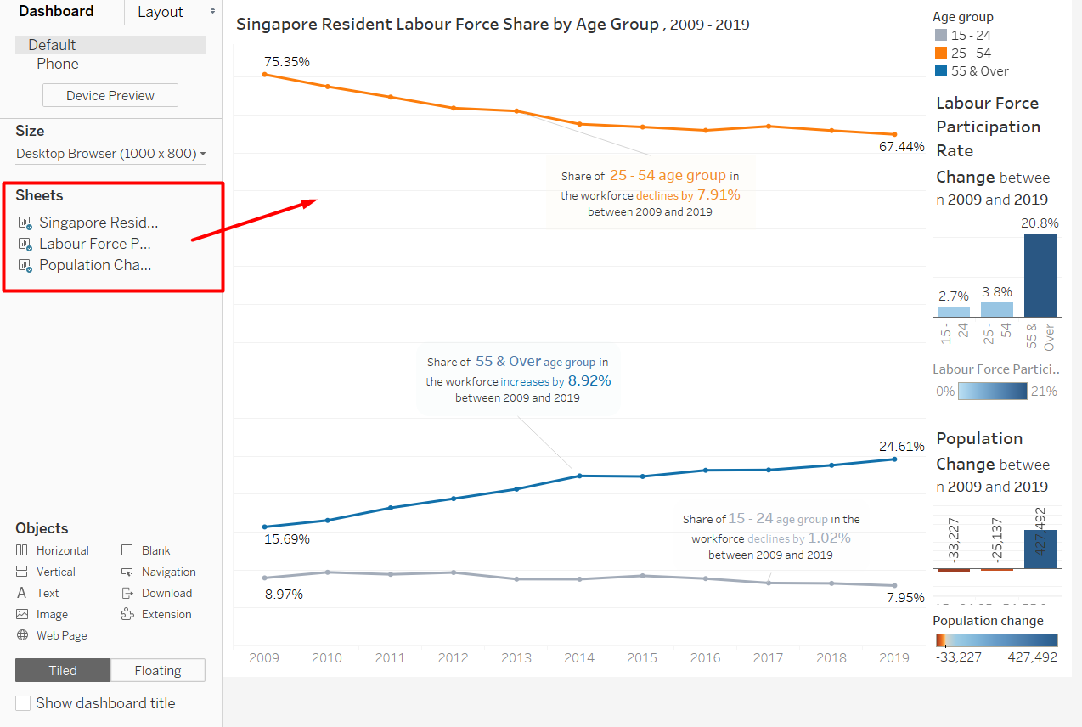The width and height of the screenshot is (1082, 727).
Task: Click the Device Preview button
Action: (110, 95)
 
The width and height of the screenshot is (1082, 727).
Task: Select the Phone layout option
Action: (58, 64)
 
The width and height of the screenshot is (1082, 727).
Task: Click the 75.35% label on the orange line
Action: (286, 61)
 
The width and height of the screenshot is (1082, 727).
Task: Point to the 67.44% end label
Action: (901, 147)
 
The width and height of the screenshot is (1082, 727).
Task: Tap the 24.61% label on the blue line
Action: (901, 446)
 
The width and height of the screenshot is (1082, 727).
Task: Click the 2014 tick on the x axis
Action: (579, 657)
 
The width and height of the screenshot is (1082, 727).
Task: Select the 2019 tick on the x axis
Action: (893, 657)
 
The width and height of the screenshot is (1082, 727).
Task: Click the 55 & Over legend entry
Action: (979, 71)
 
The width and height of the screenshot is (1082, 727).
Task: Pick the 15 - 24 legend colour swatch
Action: (940, 36)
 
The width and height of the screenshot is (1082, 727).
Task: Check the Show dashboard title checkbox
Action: (23, 703)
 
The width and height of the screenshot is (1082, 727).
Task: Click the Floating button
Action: (158, 670)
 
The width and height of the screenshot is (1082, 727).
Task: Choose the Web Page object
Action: (61, 635)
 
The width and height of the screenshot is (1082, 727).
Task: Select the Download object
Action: (166, 593)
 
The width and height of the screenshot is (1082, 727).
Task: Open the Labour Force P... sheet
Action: (94, 244)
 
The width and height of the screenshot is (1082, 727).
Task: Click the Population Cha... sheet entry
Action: (94, 265)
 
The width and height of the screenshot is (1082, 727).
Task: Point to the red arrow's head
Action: (314, 201)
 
